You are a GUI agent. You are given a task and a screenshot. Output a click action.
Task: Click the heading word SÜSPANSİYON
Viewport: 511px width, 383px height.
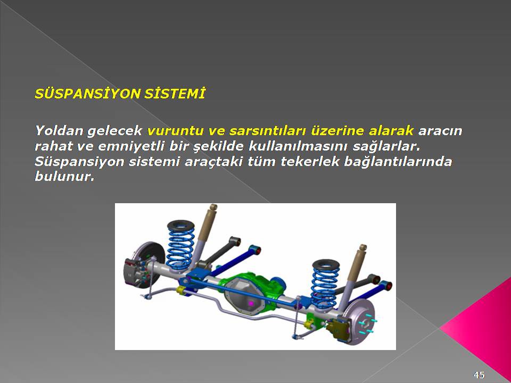[87, 94]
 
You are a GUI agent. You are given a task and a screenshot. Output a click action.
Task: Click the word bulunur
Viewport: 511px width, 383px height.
[64, 177]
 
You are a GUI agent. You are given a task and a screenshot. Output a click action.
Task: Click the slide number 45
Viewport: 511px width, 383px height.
[479, 374]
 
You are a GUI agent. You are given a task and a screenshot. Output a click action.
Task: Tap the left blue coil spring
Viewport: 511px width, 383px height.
[180, 245]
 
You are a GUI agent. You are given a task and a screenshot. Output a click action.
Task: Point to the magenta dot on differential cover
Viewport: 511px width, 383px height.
[251, 303]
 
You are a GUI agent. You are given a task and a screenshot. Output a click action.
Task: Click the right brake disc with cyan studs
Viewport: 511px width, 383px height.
[362, 321]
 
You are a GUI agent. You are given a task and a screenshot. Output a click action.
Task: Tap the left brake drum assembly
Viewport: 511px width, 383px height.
[143, 264]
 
